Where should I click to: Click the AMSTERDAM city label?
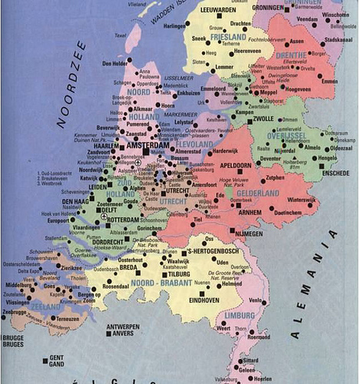pos(118,144)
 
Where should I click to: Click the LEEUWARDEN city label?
pos(220,9)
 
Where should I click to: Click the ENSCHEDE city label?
pos(335,174)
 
